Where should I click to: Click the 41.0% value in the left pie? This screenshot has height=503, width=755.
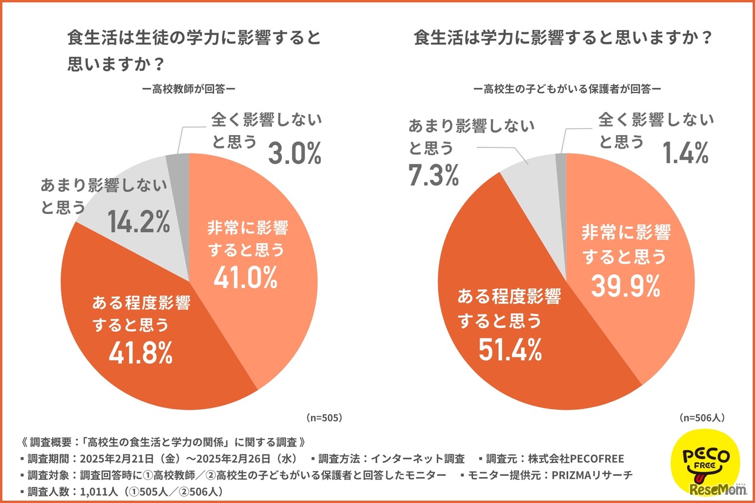245,278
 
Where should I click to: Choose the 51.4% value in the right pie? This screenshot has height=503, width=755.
510,350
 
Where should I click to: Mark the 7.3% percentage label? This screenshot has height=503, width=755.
434,175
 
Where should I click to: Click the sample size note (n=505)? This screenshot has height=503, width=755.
324,417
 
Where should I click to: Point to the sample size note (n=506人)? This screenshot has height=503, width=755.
702,417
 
